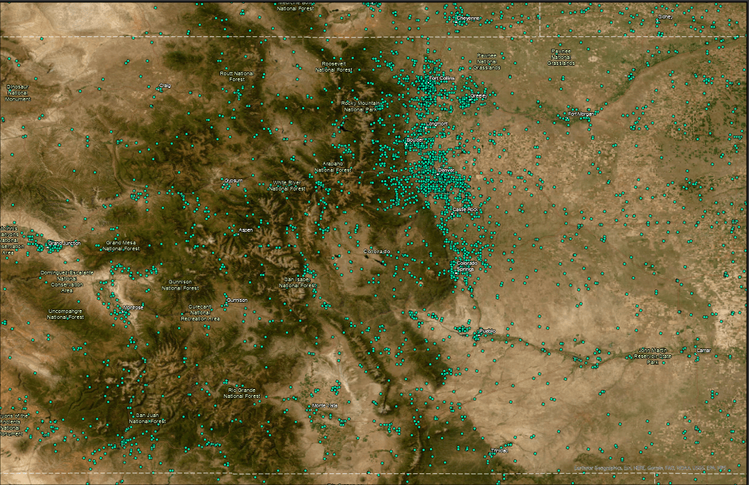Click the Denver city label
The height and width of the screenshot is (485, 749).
[x=446, y=171]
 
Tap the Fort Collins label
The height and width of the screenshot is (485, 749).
[x=442, y=78]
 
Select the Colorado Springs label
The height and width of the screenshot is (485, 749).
[x=467, y=266]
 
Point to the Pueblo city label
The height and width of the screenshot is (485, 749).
[x=487, y=331]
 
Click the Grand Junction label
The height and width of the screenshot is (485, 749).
[x=64, y=243]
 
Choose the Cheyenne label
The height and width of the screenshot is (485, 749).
[x=468, y=18]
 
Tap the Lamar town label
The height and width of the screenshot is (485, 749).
[x=703, y=350]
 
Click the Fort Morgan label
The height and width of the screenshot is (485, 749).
[x=581, y=114]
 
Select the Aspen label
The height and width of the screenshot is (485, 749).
[x=245, y=230]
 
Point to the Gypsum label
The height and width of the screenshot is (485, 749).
[x=233, y=180]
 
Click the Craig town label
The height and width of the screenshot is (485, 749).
[x=164, y=86]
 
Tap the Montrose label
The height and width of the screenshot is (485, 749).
[x=133, y=307]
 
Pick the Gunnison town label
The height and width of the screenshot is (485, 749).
[x=237, y=300]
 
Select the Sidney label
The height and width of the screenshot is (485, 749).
[x=665, y=16]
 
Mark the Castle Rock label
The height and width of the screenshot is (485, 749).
[x=465, y=210]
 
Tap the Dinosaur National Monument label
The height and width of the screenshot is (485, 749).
[x=19, y=92]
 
